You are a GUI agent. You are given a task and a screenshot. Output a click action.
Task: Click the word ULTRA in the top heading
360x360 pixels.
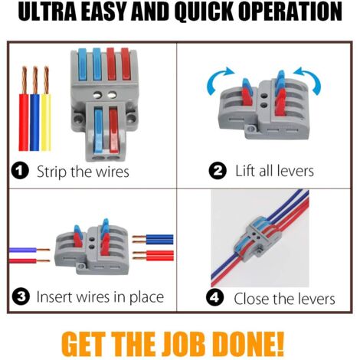click(x=48, y=11)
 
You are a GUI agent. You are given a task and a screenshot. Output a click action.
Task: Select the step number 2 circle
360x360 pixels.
click(x=218, y=171)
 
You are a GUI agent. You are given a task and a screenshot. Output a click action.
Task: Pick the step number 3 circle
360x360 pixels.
click(x=21, y=296)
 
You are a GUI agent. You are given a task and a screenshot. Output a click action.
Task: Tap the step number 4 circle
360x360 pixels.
click(x=215, y=298)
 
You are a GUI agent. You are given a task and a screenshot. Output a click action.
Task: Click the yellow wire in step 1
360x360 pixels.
click(x=46, y=109)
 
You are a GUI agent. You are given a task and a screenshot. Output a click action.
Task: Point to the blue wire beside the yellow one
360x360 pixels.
click(x=34, y=109)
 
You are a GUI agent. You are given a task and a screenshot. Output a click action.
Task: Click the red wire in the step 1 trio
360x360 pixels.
click(x=24, y=109)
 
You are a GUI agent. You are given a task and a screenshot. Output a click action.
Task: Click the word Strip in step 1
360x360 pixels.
click(x=52, y=172)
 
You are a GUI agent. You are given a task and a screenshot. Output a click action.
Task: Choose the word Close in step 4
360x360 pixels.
click(x=251, y=299)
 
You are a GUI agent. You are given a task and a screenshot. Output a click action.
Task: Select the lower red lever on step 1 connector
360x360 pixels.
click(x=113, y=130)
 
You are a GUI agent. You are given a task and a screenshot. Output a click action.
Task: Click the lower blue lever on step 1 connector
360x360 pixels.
click(x=99, y=130)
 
